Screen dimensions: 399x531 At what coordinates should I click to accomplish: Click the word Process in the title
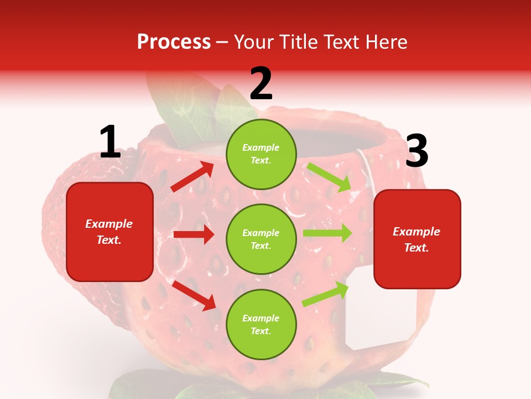(x=174, y=42)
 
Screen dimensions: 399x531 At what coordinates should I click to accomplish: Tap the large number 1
(x=110, y=142)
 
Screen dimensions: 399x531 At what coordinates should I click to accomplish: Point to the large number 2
(x=261, y=84)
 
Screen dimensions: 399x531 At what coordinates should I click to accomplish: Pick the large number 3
(x=417, y=152)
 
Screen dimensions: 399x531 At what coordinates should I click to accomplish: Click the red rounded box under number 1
(x=110, y=232)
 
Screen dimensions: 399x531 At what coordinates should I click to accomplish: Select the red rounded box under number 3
(x=417, y=239)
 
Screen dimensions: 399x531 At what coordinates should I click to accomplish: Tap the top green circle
(x=261, y=154)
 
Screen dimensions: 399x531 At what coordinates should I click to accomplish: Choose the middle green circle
(x=261, y=239)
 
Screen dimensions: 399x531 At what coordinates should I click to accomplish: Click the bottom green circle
(x=261, y=324)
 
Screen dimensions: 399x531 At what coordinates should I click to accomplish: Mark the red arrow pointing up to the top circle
(x=192, y=177)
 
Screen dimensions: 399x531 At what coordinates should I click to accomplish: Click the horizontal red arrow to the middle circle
(x=194, y=234)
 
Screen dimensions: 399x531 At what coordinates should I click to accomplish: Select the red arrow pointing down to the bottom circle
(x=194, y=295)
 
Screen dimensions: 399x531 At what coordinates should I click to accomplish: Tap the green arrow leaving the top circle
(x=330, y=177)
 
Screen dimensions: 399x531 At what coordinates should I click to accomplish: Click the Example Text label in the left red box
(x=109, y=232)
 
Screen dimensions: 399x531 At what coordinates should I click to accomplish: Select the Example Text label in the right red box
(x=417, y=239)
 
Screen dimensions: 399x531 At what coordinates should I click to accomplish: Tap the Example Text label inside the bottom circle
(x=261, y=325)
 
